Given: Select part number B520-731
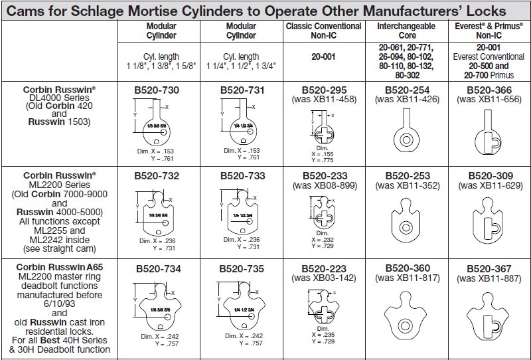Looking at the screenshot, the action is [x=241, y=90].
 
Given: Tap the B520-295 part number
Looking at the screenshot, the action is [x=324, y=90].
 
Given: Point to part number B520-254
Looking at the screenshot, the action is [x=407, y=90].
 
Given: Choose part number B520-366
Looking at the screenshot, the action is [x=489, y=90].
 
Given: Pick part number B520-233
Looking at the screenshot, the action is [x=324, y=175].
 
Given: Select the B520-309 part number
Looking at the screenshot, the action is [x=489, y=175].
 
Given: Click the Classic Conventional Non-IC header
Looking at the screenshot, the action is [x=324, y=31].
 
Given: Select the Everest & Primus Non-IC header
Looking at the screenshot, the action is [x=489, y=31].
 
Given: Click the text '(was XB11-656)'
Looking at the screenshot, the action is [x=489, y=100].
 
